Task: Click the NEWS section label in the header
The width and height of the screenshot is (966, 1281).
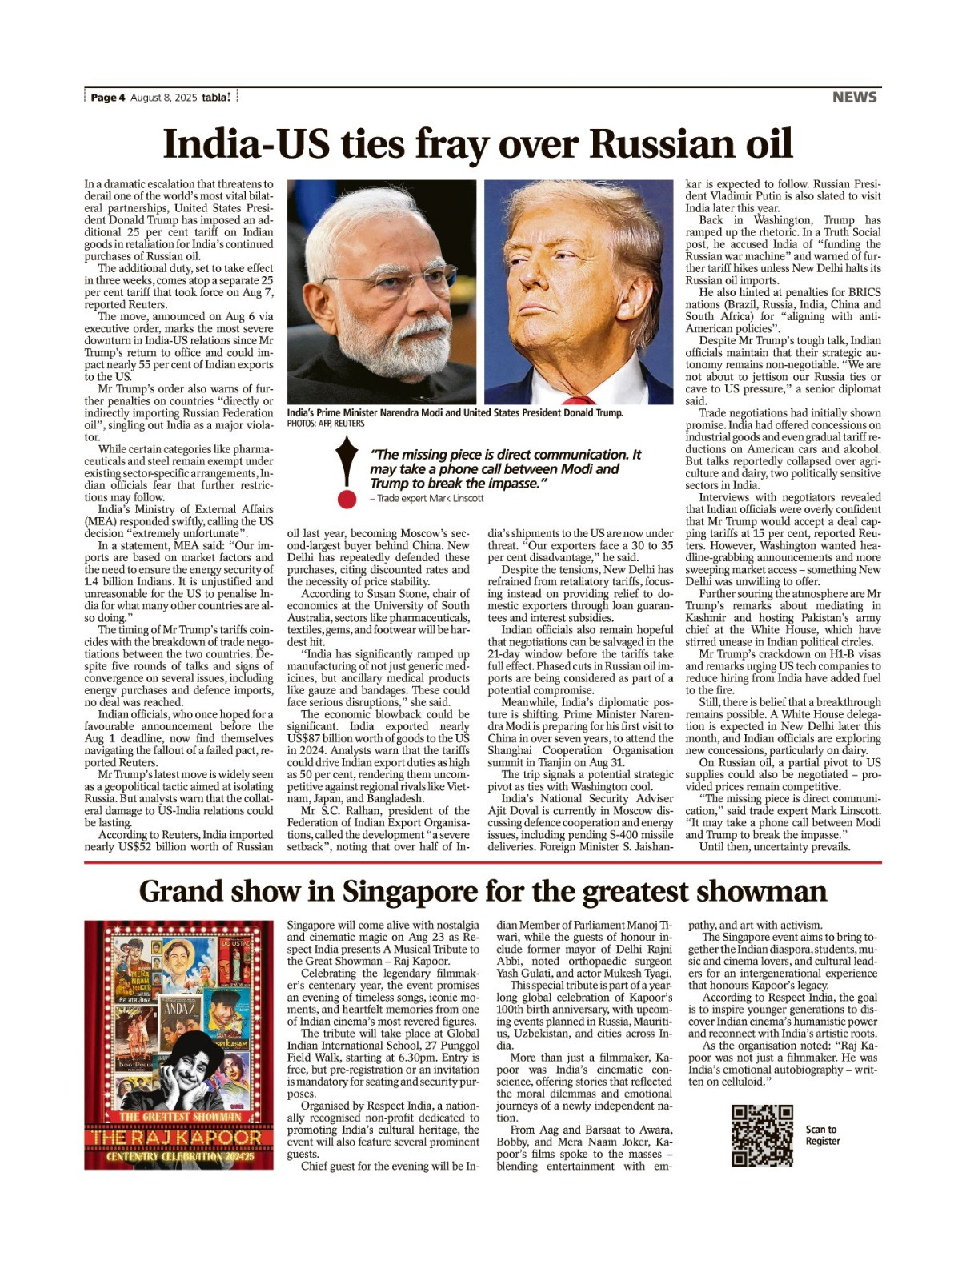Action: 854,97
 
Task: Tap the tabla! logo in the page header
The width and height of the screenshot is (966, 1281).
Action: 216,97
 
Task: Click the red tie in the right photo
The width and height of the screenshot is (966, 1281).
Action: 578,399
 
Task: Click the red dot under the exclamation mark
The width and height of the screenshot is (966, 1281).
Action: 346,500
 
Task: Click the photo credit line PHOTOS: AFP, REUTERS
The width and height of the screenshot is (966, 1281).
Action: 325,424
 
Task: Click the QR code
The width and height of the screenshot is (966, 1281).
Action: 762,1135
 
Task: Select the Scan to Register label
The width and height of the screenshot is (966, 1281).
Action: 822,1135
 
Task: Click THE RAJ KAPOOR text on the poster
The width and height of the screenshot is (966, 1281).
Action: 178,1137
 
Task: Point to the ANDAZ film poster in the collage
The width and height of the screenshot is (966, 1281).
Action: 179,1010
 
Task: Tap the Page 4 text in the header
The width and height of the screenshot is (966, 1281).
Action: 108,98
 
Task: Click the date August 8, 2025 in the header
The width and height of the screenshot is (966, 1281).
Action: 163,98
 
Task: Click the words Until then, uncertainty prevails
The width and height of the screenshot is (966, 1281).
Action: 775,846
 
